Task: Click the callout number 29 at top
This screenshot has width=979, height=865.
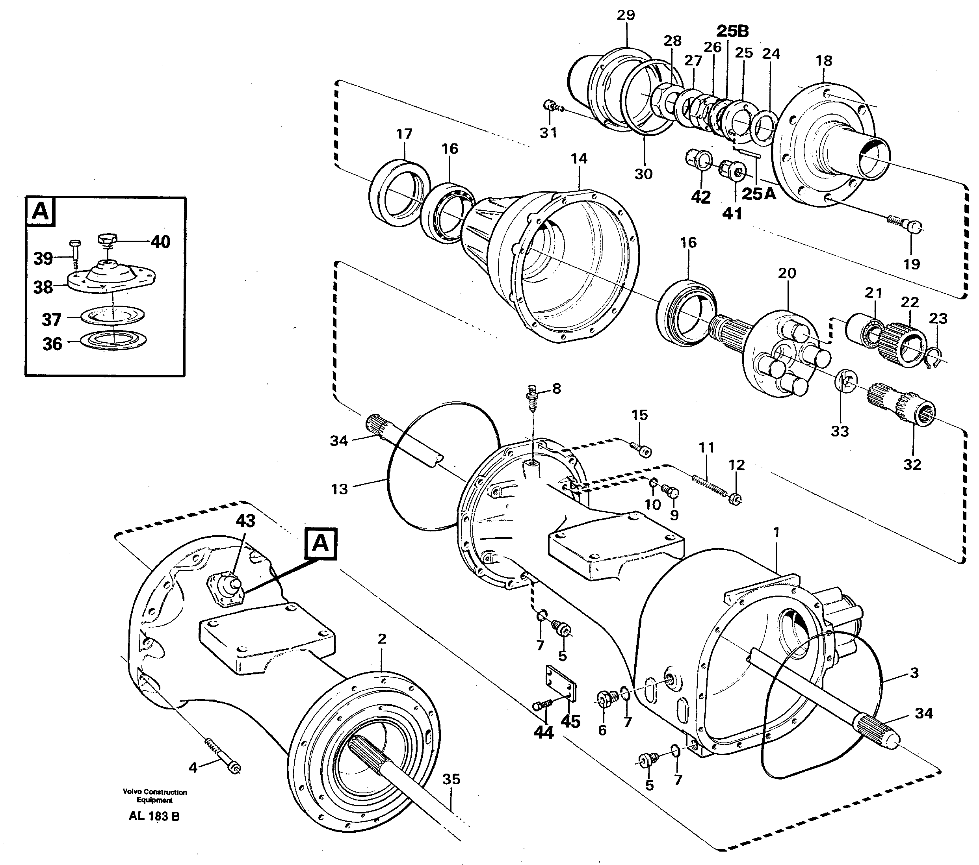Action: (626, 15)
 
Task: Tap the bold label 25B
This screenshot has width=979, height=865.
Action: (732, 31)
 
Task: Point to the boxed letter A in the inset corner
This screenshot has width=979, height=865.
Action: (41, 211)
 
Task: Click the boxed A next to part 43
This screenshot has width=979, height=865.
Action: (320, 544)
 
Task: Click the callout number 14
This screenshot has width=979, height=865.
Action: (579, 158)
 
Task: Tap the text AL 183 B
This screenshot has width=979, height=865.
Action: (154, 816)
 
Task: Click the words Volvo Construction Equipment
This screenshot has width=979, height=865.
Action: (154, 796)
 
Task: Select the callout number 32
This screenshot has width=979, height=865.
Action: (912, 464)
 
